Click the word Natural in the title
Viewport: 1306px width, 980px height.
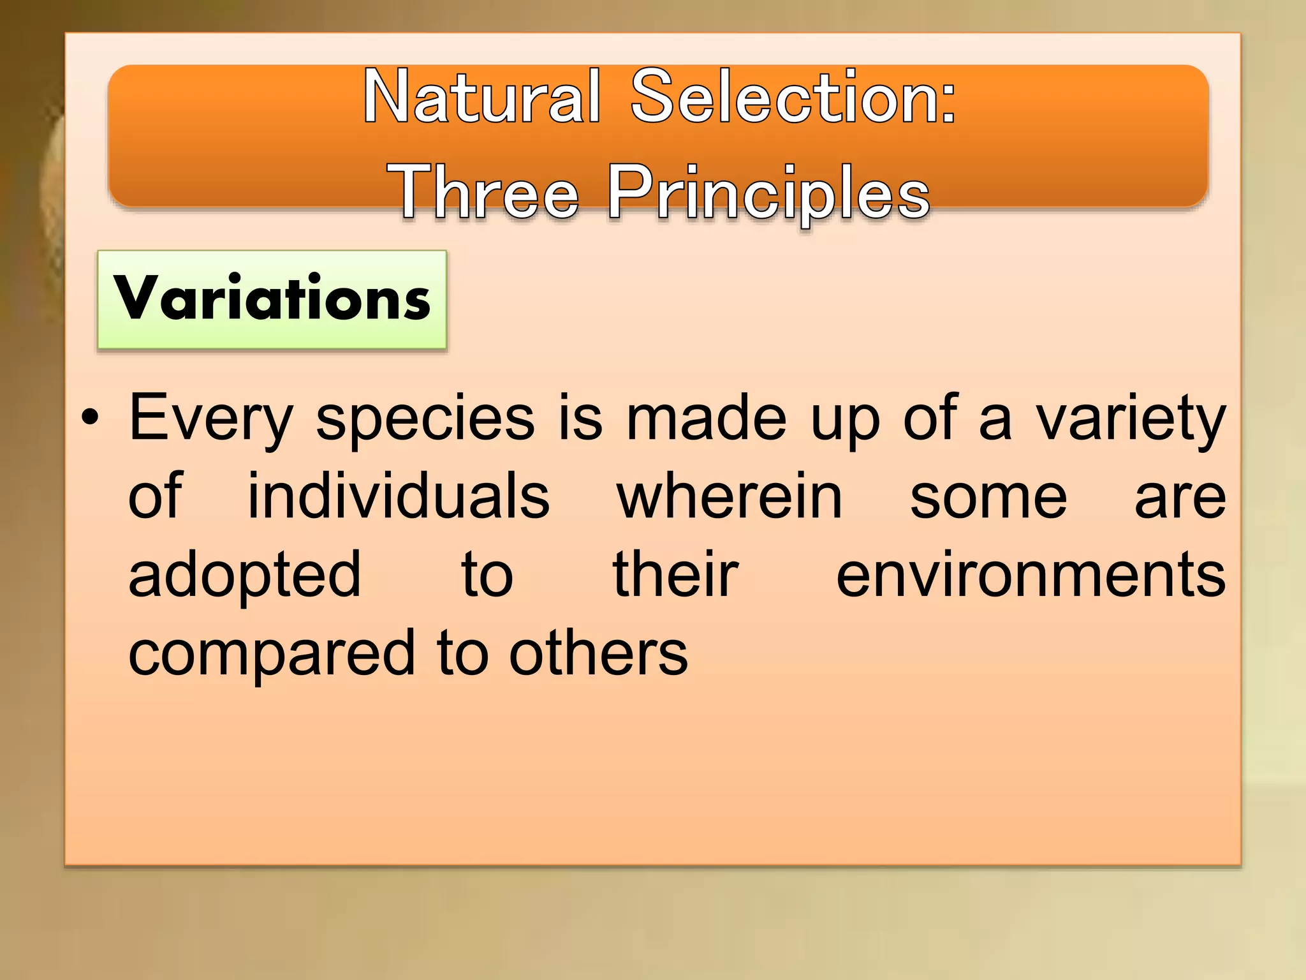point(482,97)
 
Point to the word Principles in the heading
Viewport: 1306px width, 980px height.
point(768,191)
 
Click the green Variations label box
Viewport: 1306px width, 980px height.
point(272,299)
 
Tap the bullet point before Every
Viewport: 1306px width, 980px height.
point(91,419)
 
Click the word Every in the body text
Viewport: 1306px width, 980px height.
point(211,419)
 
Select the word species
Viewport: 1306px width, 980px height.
point(425,419)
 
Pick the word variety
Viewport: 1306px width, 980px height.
point(1130,419)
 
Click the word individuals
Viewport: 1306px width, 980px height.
point(399,497)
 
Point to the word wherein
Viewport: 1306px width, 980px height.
point(730,497)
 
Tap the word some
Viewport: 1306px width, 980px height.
point(988,497)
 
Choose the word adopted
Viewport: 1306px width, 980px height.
point(245,575)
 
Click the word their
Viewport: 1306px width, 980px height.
point(675,575)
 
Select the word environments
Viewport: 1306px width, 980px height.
point(1031,575)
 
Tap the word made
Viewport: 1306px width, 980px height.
point(707,419)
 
